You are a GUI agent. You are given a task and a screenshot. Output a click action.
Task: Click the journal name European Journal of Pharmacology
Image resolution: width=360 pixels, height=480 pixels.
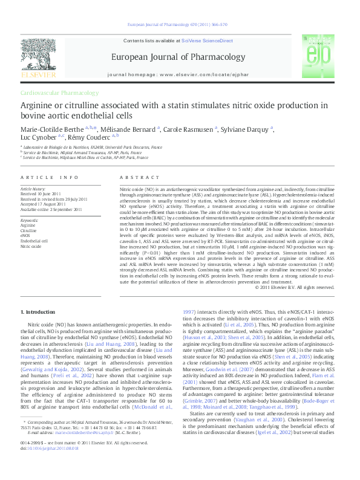coord(177,57)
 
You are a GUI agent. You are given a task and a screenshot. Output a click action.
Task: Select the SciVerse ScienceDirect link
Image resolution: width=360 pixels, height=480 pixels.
coord(207,40)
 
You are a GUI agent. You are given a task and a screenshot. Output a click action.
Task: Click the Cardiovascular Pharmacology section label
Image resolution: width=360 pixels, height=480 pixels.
coord(59,93)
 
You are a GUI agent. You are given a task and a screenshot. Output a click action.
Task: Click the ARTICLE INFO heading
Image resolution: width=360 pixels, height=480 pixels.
coord(50,177)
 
